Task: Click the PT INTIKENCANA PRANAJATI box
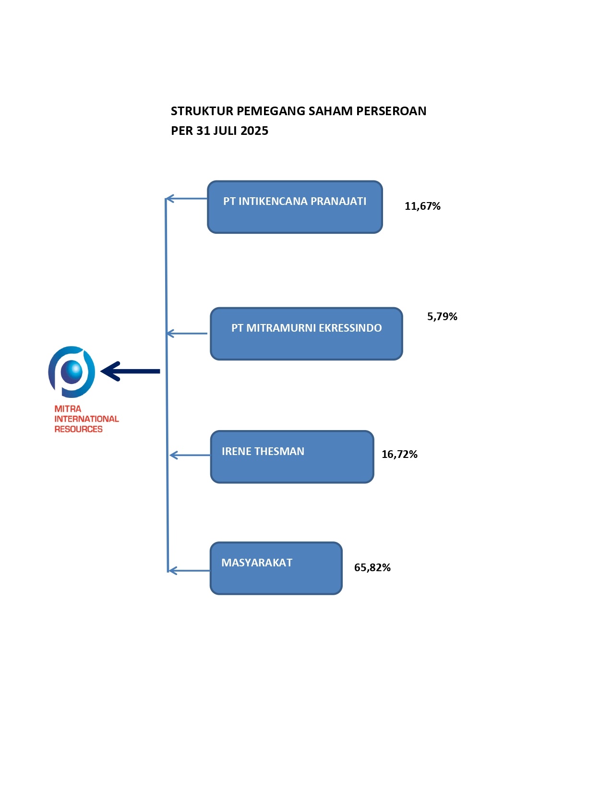point(295,207)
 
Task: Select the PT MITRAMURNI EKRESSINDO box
point(306,334)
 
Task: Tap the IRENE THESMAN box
point(292,456)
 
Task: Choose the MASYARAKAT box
point(276,568)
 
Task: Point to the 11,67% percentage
point(422,206)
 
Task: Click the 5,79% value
point(442,317)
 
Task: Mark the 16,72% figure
point(399,455)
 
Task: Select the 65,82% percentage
point(372,568)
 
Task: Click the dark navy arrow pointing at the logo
point(131,371)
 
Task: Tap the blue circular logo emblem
point(72,372)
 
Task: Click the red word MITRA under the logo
point(68,409)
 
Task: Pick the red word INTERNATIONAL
point(86,419)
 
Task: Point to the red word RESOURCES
point(78,429)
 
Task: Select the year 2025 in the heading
point(254,131)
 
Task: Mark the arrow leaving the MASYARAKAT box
point(189,571)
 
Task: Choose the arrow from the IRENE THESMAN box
point(190,455)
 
